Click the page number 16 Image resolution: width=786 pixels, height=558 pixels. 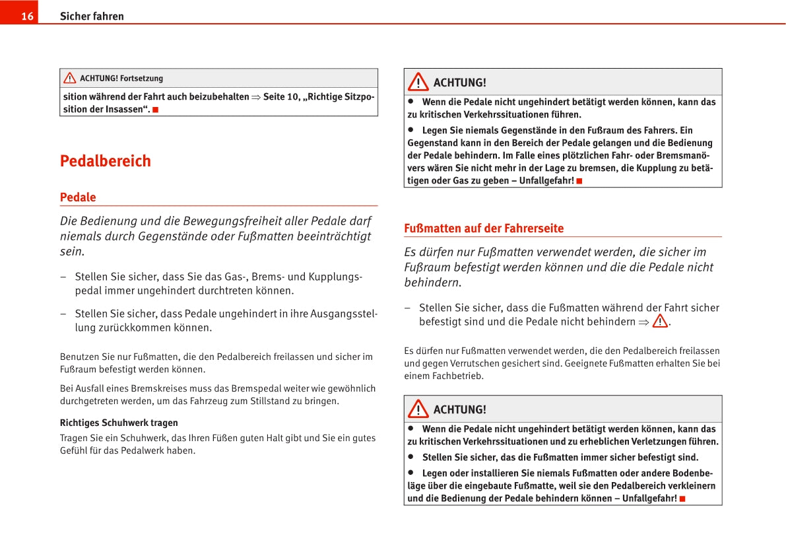coord(27,17)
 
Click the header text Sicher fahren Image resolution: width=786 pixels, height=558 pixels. coord(92,17)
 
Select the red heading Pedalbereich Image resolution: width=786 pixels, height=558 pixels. coord(106,161)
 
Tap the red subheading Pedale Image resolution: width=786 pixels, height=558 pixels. coord(78,197)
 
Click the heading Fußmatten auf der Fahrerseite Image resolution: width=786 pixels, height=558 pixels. coord(484,228)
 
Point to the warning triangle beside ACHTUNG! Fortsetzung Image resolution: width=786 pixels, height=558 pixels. coord(70,78)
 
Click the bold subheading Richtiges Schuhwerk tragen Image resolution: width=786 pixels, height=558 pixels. coord(119,423)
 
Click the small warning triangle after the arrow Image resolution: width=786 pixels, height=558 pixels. coord(659,322)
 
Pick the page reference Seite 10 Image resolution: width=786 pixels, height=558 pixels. coord(282,96)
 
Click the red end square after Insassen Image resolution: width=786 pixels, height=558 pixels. coord(156,110)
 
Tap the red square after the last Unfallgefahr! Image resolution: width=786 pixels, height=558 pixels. coord(682,499)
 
